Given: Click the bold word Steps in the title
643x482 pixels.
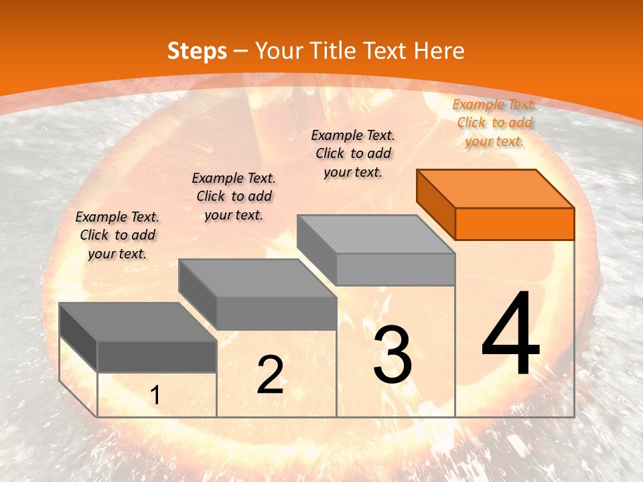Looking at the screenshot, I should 197,51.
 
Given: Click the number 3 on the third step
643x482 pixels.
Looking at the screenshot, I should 392,355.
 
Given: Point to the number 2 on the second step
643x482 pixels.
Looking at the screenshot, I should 270,375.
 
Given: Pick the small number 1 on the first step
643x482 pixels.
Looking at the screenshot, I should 155,396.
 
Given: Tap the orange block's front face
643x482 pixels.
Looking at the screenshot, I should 514,224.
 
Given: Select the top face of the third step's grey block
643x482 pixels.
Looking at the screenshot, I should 376,234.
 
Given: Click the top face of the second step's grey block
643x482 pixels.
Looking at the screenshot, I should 257,278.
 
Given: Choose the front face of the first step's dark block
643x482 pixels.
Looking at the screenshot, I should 157,356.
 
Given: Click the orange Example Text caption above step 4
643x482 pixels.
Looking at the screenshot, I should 494,123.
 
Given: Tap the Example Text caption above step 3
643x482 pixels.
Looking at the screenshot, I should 353,153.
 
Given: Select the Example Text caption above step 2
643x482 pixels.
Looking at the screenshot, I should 234,196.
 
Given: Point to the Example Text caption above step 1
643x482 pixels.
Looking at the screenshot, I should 117,235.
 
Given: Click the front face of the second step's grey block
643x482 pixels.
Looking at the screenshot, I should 276,313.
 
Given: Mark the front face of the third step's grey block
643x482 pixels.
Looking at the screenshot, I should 395,269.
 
